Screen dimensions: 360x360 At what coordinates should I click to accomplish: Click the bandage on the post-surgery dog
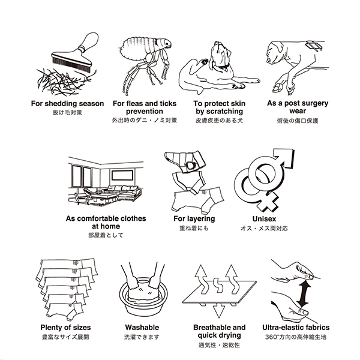[x=314, y=46]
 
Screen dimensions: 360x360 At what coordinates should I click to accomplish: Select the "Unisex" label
[x=264, y=219]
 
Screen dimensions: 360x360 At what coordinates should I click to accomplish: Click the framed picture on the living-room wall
[x=122, y=175]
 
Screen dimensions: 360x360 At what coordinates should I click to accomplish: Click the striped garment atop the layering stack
[x=185, y=161]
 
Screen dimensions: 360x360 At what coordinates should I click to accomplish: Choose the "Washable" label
[x=142, y=327]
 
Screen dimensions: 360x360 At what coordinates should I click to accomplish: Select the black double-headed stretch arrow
[x=304, y=293]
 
